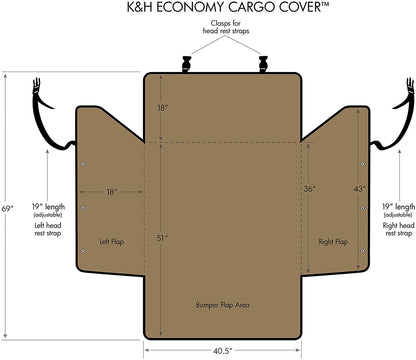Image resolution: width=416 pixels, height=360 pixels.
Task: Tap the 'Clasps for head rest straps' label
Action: point(223,38)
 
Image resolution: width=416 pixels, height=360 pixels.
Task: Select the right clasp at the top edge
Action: point(264,65)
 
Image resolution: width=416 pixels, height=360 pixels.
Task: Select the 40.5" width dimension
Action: point(223,350)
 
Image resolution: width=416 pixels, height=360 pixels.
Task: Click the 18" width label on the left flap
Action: point(112,191)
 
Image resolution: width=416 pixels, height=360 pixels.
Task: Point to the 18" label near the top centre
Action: point(161,107)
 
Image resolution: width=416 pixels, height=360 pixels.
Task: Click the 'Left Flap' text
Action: point(110,241)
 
